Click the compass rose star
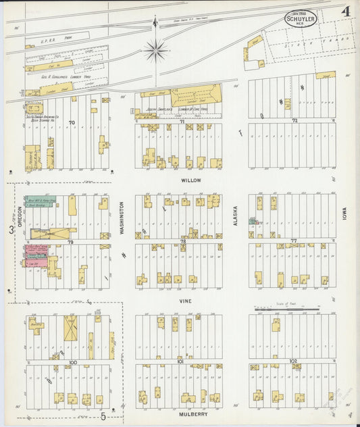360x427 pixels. click(x=155, y=49)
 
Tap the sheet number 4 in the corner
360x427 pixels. click(x=345, y=11)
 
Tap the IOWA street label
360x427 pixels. click(x=344, y=214)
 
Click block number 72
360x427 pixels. click(x=294, y=121)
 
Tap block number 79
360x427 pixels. click(x=70, y=241)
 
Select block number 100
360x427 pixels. click(x=73, y=362)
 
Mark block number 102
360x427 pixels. click(x=293, y=361)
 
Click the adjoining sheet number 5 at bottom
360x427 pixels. click(x=103, y=416)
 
